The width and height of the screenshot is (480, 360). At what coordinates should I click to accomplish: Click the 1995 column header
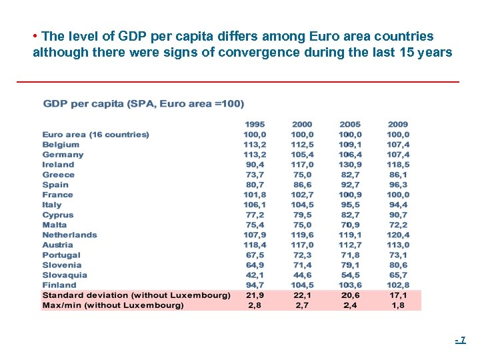tap(254, 124)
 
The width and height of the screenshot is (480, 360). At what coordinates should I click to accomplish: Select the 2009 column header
tap(398, 124)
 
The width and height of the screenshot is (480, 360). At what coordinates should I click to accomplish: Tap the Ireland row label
tap(59, 165)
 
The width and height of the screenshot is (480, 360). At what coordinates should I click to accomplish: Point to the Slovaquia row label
tap(65, 275)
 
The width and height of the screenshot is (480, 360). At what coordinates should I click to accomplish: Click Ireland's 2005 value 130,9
tap(350, 165)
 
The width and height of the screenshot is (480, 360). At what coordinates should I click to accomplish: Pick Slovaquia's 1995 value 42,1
tap(254, 275)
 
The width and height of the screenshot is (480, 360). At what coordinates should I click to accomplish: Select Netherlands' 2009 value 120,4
tap(398, 235)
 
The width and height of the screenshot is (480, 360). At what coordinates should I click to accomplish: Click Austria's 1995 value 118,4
tap(254, 245)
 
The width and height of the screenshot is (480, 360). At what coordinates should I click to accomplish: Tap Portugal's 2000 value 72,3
tap(302, 255)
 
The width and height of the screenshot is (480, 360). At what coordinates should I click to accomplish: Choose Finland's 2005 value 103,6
tap(350, 285)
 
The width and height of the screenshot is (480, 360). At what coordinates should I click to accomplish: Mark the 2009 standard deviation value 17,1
tap(398, 295)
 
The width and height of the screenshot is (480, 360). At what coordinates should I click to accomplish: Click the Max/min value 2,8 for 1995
tap(254, 305)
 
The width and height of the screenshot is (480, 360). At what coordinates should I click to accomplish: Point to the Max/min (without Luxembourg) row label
tap(113, 305)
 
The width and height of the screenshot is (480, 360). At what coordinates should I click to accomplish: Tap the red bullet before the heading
tap(34, 36)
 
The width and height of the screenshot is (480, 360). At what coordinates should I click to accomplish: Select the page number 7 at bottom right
tap(462, 340)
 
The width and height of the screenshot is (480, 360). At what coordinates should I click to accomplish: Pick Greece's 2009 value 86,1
tap(398, 175)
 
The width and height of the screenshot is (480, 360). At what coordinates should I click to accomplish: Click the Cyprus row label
tap(58, 215)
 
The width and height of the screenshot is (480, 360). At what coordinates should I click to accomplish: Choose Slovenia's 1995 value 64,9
tap(254, 265)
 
